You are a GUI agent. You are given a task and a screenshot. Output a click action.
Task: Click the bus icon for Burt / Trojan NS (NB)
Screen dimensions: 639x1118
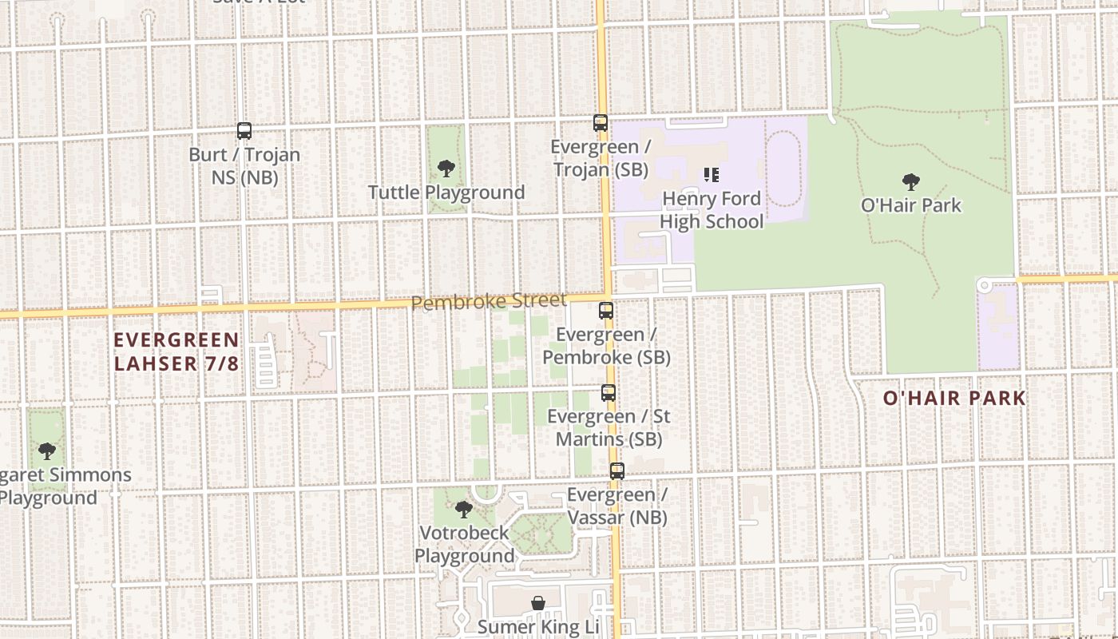(244, 130)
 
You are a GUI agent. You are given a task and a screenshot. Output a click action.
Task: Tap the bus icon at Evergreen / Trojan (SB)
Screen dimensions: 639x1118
(601, 123)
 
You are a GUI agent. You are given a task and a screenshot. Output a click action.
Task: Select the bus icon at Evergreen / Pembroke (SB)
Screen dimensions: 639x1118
(606, 311)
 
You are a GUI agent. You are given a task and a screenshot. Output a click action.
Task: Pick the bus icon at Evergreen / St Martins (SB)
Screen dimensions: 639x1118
(609, 393)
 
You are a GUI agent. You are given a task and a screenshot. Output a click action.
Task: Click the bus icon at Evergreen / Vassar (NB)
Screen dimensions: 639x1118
(617, 471)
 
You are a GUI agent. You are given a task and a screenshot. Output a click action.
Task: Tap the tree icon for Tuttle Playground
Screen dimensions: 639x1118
(446, 169)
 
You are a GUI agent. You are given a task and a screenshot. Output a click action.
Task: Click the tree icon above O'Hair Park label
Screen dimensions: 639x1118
(910, 182)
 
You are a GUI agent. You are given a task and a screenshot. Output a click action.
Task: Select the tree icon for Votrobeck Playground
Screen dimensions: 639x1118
(463, 510)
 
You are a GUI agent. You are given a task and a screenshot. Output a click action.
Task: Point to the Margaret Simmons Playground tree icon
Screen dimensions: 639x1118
(47, 451)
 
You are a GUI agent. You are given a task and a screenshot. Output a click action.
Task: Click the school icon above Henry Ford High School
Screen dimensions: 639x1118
(711, 175)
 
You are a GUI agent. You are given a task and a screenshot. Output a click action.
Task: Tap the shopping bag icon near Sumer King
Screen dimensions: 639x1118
(539, 603)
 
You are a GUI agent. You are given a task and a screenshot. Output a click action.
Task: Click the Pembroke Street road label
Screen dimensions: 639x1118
(489, 302)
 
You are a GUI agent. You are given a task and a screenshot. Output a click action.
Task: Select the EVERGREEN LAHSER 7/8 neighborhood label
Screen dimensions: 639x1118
(176, 351)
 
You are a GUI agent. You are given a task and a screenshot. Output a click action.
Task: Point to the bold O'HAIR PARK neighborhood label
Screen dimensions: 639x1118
(954, 398)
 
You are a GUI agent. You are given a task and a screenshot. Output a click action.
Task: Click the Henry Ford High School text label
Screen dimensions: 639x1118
(712, 210)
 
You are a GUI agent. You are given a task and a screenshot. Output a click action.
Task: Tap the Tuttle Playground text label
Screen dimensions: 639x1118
(446, 192)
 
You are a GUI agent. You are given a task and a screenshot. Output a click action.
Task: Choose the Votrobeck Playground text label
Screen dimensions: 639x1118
(464, 544)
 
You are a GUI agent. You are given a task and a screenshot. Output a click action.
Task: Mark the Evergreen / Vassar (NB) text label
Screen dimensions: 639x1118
(617, 506)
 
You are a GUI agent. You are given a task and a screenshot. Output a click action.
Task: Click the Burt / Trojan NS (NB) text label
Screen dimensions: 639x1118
(244, 165)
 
